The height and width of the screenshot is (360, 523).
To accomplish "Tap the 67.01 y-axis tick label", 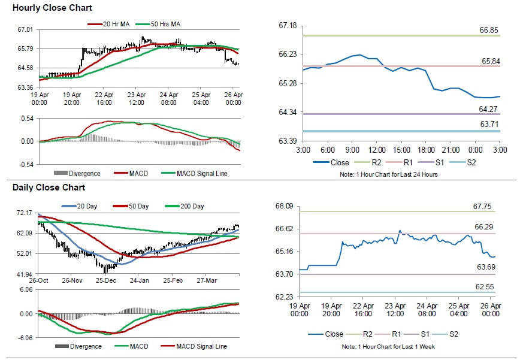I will pyautogui.click(x=25, y=29).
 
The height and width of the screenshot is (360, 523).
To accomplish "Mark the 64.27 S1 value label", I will pyautogui.click(x=487, y=109).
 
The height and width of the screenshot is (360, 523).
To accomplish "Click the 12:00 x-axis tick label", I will pyautogui.click(x=376, y=149).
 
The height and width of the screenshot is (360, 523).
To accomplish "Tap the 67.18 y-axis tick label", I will pyautogui.click(x=288, y=26).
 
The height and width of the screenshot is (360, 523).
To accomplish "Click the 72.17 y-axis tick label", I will pyautogui.click(x=25, y=213).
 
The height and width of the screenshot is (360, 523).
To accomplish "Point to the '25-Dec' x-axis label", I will pyautogui.click(x=106, y=280).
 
